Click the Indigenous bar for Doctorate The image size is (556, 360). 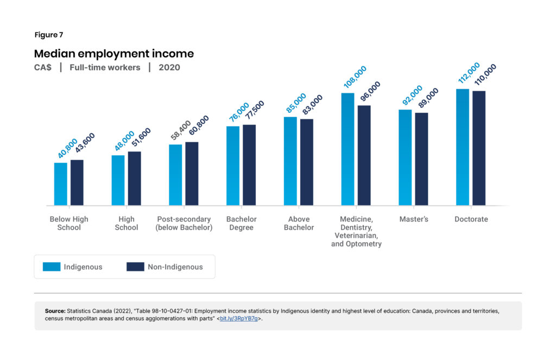(463, 147)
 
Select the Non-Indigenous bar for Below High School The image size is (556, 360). (77, 182)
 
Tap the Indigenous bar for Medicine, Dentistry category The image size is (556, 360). (347, 149)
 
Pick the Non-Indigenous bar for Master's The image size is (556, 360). (421, 159)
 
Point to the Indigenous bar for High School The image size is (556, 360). (118, 180)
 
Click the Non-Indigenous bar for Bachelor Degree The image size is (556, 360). (249, 165)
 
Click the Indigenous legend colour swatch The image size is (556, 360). (52, 267)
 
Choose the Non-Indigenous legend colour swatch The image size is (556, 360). (135, 267)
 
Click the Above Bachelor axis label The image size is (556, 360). (299, 223)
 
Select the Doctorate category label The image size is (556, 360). (471, 219)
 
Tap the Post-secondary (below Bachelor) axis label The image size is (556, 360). (184, 223)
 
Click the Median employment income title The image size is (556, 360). (113, 54)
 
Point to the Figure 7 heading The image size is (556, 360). (48, 35)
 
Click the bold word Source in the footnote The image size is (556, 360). (54, 311)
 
